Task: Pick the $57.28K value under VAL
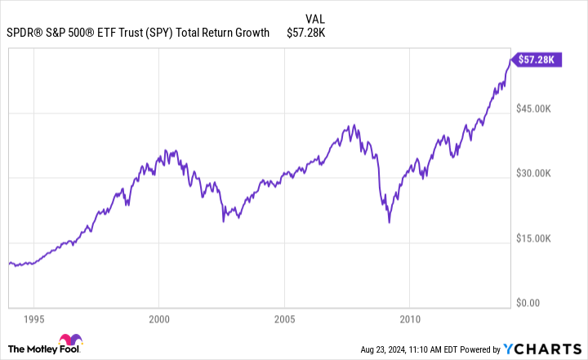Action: tap(307, 33)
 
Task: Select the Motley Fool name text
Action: tap(32, 349)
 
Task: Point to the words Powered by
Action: tap(486, 350)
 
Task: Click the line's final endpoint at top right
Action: tap(510, 59)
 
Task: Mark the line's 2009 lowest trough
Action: tap(390, 222)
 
